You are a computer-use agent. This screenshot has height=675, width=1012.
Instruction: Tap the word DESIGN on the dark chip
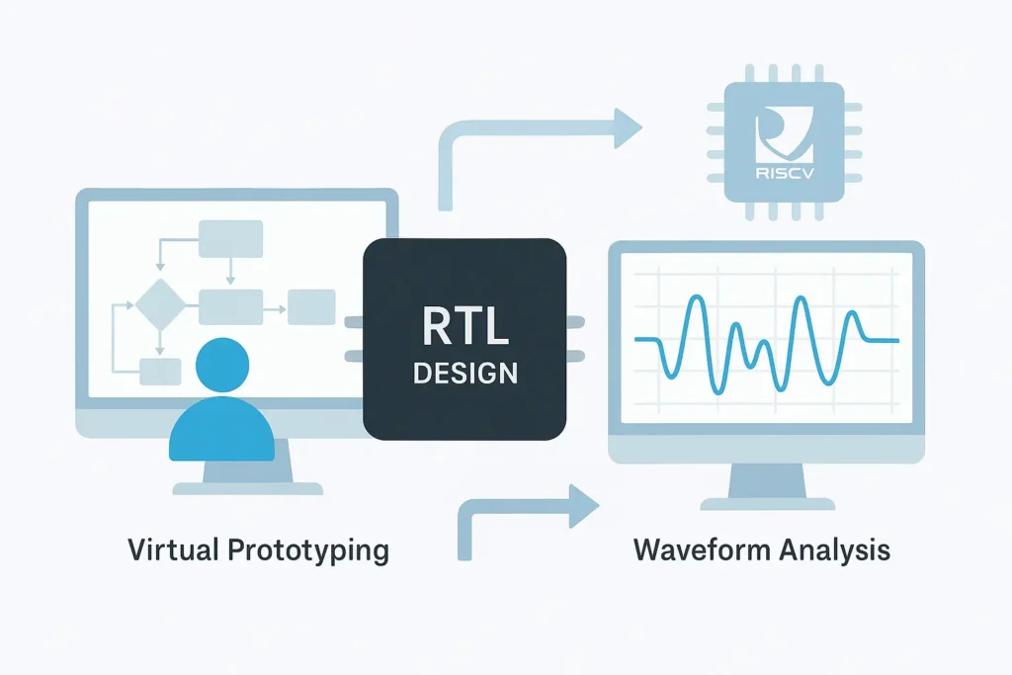coord(464,374)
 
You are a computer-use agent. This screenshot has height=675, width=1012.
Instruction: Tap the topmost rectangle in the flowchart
coord(230,238)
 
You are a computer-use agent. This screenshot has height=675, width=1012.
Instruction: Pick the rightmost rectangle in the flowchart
coord(311,307)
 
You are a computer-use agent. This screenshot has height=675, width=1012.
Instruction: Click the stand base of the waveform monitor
coord(767,500)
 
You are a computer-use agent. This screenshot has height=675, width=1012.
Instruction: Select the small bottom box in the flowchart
coord(159,372)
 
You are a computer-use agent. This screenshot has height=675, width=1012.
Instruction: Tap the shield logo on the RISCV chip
coord(783,138)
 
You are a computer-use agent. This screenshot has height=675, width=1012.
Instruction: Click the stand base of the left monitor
coord(248,487)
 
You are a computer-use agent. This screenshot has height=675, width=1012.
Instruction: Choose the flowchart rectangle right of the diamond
coord(230,307)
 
